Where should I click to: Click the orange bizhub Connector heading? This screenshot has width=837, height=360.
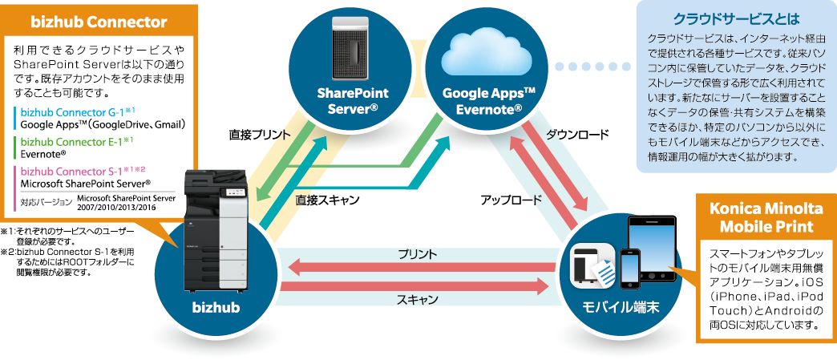tap(98, 21)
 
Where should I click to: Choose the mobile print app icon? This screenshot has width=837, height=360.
tap(593, 264)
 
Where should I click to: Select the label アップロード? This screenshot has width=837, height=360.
tap(511, 200)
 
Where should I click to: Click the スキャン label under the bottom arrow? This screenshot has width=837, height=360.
tap(417, 299)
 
